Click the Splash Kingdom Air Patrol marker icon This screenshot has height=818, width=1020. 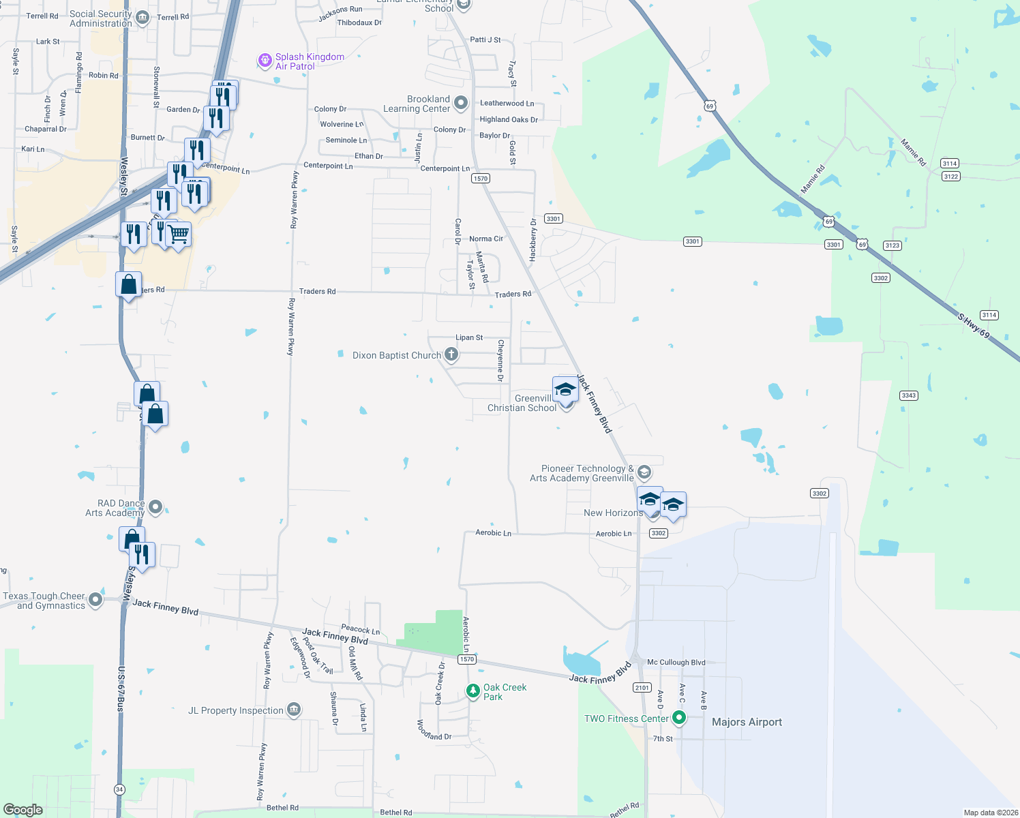pyautogui.click(x=265, y=61)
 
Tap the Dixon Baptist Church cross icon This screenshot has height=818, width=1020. pyautogui.click(x=451, y=354)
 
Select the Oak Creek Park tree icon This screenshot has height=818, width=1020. pyautogui.click(x=473, y=691)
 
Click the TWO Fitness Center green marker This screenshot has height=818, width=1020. pyautogui.click(x=678, y=718)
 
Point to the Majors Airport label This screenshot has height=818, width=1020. pyautogui.click(x=747, y=722)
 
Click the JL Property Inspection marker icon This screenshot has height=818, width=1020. pyautogui.click(x=294, y=710)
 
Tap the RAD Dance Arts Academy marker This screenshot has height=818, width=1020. pyautogui.click(x=155, y=506)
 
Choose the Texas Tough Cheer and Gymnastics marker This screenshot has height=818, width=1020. pyautogui.click(x=95, y=600)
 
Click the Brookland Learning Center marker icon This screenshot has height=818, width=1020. pyautogui.click(x=461, y=103)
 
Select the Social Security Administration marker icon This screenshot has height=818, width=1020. pyautogui.click(x=142, y=18)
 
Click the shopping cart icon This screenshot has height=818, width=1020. pyautogui.click(x=178, y=234)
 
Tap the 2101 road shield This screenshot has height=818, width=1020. pyautogui.click(x=642, y=687)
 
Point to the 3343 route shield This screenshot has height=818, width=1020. pyautogui.click(x=908, y=395)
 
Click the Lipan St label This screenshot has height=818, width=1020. pyautogui.click(x=469, y=337)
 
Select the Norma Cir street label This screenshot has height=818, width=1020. pyautogui.click(x=486, y=239)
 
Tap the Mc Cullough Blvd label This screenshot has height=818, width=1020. pyautogui.click(x=676, y=662)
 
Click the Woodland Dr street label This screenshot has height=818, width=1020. pyautogui.click(x=434, y=730)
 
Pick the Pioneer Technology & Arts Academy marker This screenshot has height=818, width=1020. pyautogui.click(x=644, y=472)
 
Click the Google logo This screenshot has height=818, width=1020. pyautogui.click(x=23, y=810)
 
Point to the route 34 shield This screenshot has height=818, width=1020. pyautogui.click(x=120, y=789)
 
